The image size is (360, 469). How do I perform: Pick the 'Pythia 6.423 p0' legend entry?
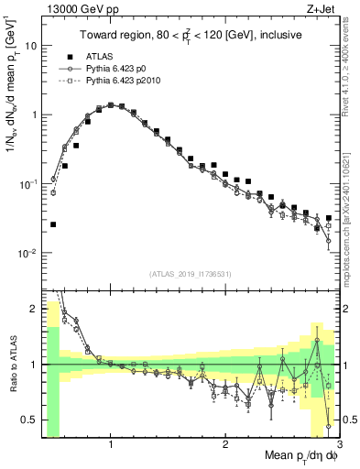pyautogui.click(x=116, y=69)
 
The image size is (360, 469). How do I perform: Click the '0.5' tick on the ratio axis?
pyautogui.click(x=27, y=420)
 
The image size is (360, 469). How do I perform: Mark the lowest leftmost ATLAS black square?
pyautogui.click(x=53, y=224)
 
